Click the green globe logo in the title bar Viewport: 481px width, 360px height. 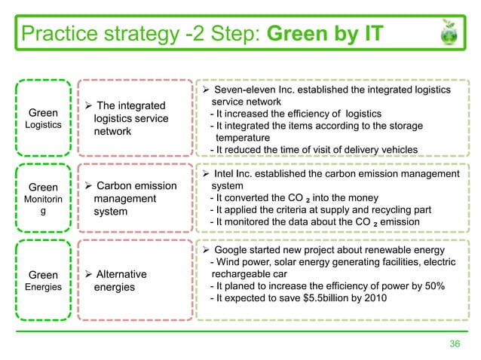coord(452,35)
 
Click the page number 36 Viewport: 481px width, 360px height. coord(455,344)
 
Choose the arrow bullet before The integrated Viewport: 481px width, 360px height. coord(87,105)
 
